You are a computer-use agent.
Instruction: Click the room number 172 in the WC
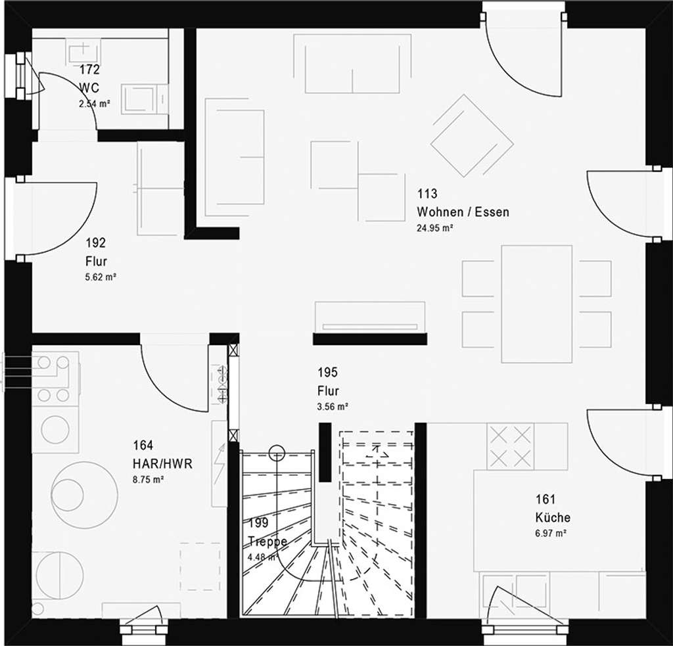[x=89, y=70]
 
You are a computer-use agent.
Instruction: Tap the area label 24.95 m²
[x=435, y=228]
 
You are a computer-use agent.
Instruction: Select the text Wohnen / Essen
[x=463, y=212]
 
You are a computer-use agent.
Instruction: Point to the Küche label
[x=553, y=517]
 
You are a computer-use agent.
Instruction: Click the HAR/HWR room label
[x=162, y=464]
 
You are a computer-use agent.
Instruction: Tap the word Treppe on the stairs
[x=267, y=542]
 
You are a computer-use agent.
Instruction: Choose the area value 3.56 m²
[x=333, y=407]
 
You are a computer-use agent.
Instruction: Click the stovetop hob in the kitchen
[x=510, y=446]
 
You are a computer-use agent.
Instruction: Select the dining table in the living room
[x=536, y=304]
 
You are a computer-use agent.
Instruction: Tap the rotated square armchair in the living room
[x=471, y=135]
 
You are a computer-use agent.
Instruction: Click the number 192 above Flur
[x=95, y=243]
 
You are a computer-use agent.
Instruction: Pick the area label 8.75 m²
[x=148, y=480]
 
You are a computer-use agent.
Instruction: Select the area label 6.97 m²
[x=551, y=534]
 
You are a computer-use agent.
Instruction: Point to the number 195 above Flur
[x=327, y=373]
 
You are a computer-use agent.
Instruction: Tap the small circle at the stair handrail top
[x=277, y=453]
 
